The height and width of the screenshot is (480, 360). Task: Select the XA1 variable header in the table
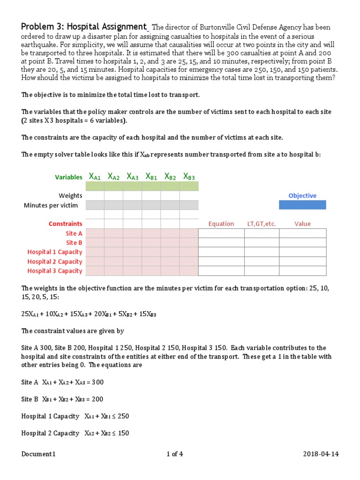tap(95, 177)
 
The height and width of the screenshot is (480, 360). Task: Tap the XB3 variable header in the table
tap(189, 177)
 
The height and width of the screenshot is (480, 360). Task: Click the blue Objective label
tap(302, 195)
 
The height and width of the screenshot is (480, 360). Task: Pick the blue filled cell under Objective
tap(302, 205)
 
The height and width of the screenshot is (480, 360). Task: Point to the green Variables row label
tap(68, 177)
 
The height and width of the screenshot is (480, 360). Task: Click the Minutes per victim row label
tap(53, 205)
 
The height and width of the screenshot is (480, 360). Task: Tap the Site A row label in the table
tap(74, 233)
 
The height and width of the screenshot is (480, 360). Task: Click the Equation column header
tap(221, 224)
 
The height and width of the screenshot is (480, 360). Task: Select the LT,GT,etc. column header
tap(262, 224)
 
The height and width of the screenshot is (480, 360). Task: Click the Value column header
tap(302, 224)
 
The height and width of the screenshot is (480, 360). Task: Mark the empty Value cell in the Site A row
tap(302, 233)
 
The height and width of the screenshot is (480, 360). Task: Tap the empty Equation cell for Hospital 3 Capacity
tap(221, 271)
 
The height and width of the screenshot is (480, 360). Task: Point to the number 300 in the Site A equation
tap(97, 382)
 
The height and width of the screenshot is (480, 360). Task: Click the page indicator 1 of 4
tap(175, 454)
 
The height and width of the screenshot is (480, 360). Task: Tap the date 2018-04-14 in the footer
tap(320, 454)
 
